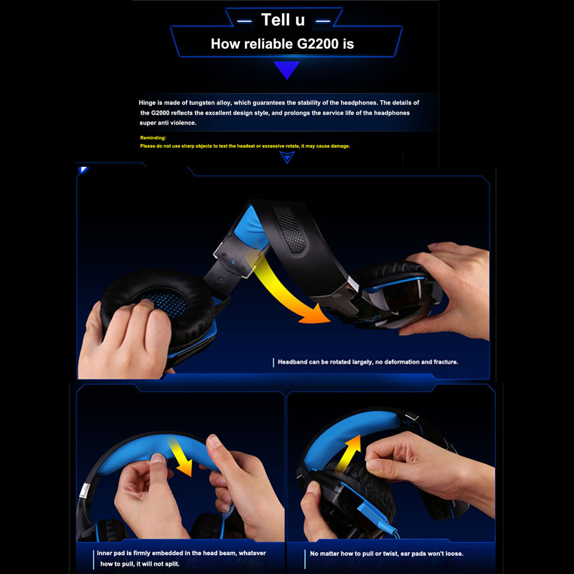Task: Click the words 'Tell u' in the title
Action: click(x=283, y=20)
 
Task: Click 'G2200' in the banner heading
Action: click(x=318, y=44)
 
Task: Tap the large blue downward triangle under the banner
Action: click(x=286, y=70)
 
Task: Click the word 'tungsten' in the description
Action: click(x=203, y=103)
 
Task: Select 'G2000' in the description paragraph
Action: click(x=160, y=113)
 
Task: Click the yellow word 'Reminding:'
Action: click(x=153, y=138)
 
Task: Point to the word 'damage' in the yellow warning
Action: click(x=340, y=146)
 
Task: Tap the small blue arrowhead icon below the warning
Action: click(x=287, y=157)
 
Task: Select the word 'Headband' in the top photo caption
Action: click(x=293, y=362)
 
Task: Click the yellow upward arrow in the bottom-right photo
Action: click(x=350, y=452)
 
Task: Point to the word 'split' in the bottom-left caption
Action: click(x=172, y=564)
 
